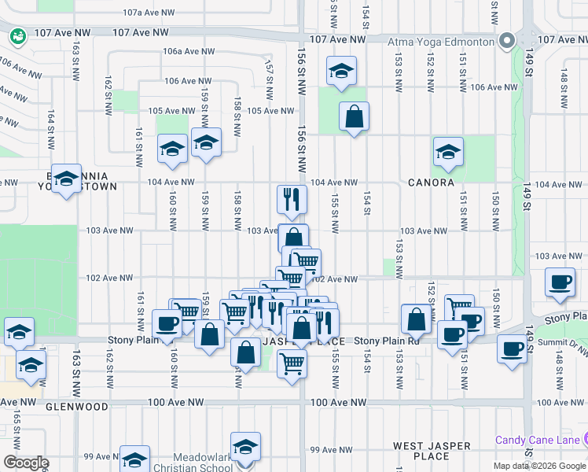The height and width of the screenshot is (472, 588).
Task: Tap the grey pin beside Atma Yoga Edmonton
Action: click(508, 40)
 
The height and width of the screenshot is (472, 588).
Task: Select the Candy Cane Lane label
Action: click(538, 439)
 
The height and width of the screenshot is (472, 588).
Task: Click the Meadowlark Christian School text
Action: click(193, 463)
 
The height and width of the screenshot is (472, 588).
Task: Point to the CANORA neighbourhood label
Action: click(431, 183)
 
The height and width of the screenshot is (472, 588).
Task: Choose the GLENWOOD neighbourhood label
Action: click(76, 407)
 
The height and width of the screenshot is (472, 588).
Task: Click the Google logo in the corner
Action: click(26, 463)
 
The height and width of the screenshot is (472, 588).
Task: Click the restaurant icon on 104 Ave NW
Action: click(291, 200)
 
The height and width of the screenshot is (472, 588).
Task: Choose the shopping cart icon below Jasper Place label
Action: click(292, 363)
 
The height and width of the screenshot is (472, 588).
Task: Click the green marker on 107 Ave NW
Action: click(17, 35)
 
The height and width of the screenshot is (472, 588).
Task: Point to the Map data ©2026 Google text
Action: click(540, 466)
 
